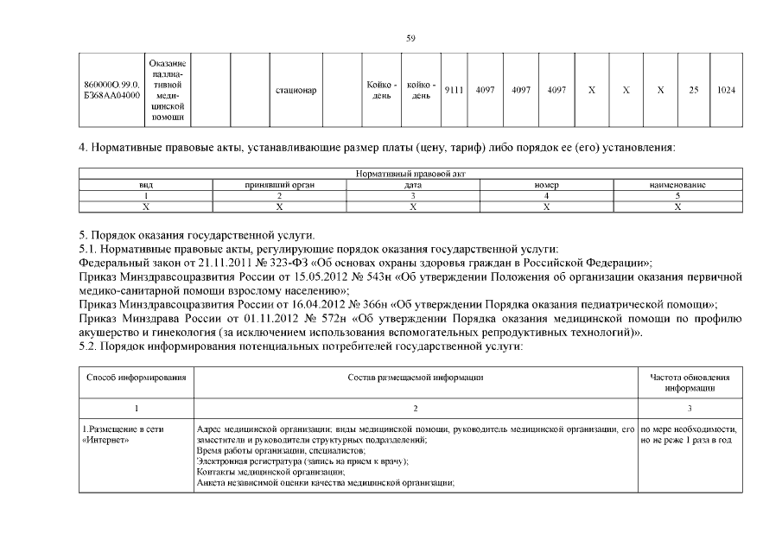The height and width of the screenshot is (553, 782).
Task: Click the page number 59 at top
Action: [411, 37]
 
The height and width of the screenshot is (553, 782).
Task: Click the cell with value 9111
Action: [452, 90]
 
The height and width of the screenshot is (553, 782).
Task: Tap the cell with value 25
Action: [693, 90]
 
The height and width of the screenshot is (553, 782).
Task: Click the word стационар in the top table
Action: [296, 90]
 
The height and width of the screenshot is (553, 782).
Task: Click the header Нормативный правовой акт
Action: [410, 175]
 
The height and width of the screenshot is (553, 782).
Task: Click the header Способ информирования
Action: [136, 378]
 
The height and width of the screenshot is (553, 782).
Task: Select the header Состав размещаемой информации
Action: [415, 378]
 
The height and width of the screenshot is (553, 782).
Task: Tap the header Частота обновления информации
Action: [690, 383]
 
